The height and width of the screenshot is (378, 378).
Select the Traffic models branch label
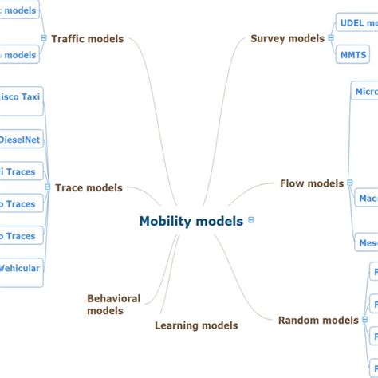(87, 38)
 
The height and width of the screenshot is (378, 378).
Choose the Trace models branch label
(89, 188)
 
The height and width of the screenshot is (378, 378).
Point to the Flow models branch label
(312, 183)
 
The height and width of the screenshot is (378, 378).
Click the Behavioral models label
(114, 305)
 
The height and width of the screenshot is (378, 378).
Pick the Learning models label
(196, 325)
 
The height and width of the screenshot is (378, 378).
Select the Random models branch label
(318, 321)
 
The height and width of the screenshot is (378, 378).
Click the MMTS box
(353, 55)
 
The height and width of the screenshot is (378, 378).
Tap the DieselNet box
(20, 140)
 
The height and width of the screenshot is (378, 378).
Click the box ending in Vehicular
(20, 268)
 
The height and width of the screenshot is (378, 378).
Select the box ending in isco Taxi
(20, 97)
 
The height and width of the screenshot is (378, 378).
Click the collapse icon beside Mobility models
(251, 220)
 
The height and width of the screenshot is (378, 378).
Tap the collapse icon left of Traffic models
(43, 38)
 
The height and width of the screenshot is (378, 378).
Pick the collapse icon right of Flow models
(349, 183)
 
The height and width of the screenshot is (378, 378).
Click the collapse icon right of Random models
(364, 321)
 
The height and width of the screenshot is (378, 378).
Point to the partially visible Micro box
(365, 92)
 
